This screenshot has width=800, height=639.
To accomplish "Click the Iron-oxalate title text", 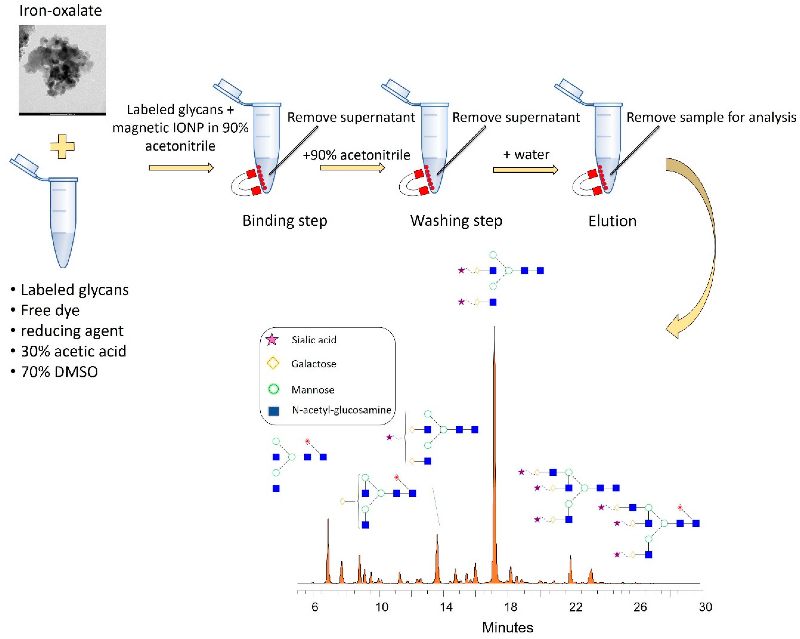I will [x=60, y=11].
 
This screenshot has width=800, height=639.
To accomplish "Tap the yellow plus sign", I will [x=62, y=146].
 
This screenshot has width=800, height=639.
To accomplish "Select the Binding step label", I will [x=285, y=221].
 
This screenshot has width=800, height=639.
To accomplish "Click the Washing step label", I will [x=456, y=221].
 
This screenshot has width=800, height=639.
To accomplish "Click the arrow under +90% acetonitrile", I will [x=352, y=168].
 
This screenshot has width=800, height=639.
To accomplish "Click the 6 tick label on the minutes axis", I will [x=315, y=607].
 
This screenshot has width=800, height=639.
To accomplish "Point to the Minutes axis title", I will [x=508, y=627].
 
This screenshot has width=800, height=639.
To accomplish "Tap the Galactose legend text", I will [x=313, y=364].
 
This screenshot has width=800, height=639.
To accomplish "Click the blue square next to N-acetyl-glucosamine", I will [x=273, y=411].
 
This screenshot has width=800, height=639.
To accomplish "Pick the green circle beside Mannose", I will [x=273, y=389].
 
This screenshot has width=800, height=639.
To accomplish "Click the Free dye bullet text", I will [x=50, y=310].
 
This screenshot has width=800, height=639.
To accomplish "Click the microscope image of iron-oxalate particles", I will [x=62, y=70].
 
